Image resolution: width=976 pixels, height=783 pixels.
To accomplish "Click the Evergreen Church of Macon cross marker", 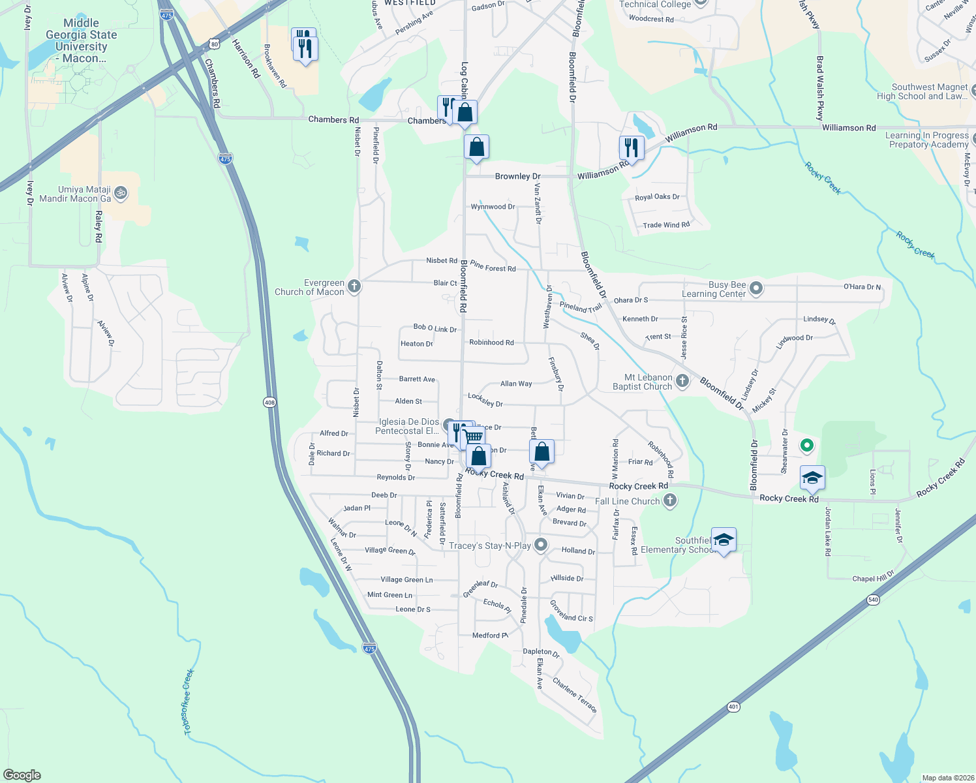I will [x=354, y=286].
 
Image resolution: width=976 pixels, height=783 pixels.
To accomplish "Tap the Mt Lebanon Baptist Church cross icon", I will [x=682, y=381].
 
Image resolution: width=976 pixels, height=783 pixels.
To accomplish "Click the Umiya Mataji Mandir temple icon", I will [x=120, y=193].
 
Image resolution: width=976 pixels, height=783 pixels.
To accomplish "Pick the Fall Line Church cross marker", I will [x=669, y=500].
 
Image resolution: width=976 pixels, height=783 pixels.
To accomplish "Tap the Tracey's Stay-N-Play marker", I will [x=541, y=545].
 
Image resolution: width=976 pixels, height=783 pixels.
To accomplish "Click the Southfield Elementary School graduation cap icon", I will [x=724, y=540].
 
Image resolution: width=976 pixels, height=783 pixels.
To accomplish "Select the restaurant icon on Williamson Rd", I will [x=631, y=147].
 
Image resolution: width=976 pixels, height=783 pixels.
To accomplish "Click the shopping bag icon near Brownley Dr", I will [x=477, y=147].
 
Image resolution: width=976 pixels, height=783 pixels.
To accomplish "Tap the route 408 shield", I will [x=270, y=403].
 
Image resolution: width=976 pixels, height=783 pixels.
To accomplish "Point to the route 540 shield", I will [x=873, y=600].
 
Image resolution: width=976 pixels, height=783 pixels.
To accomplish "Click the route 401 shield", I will [x=733, y=707].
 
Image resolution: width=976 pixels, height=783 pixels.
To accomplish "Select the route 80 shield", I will [x=215, y=44].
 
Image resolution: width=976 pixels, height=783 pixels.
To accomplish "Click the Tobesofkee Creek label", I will [x=188, y=702].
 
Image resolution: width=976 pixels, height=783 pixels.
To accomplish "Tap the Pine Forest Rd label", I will [x=493, y=267].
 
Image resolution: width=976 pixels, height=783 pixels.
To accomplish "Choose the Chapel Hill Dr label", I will [x=873, y=577].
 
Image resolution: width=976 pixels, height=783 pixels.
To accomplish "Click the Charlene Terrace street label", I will [x=575, y=695].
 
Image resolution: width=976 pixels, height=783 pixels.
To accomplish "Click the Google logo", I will [x=22, y=775].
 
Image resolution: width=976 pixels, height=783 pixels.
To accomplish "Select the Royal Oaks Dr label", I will [x=657, y=197].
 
